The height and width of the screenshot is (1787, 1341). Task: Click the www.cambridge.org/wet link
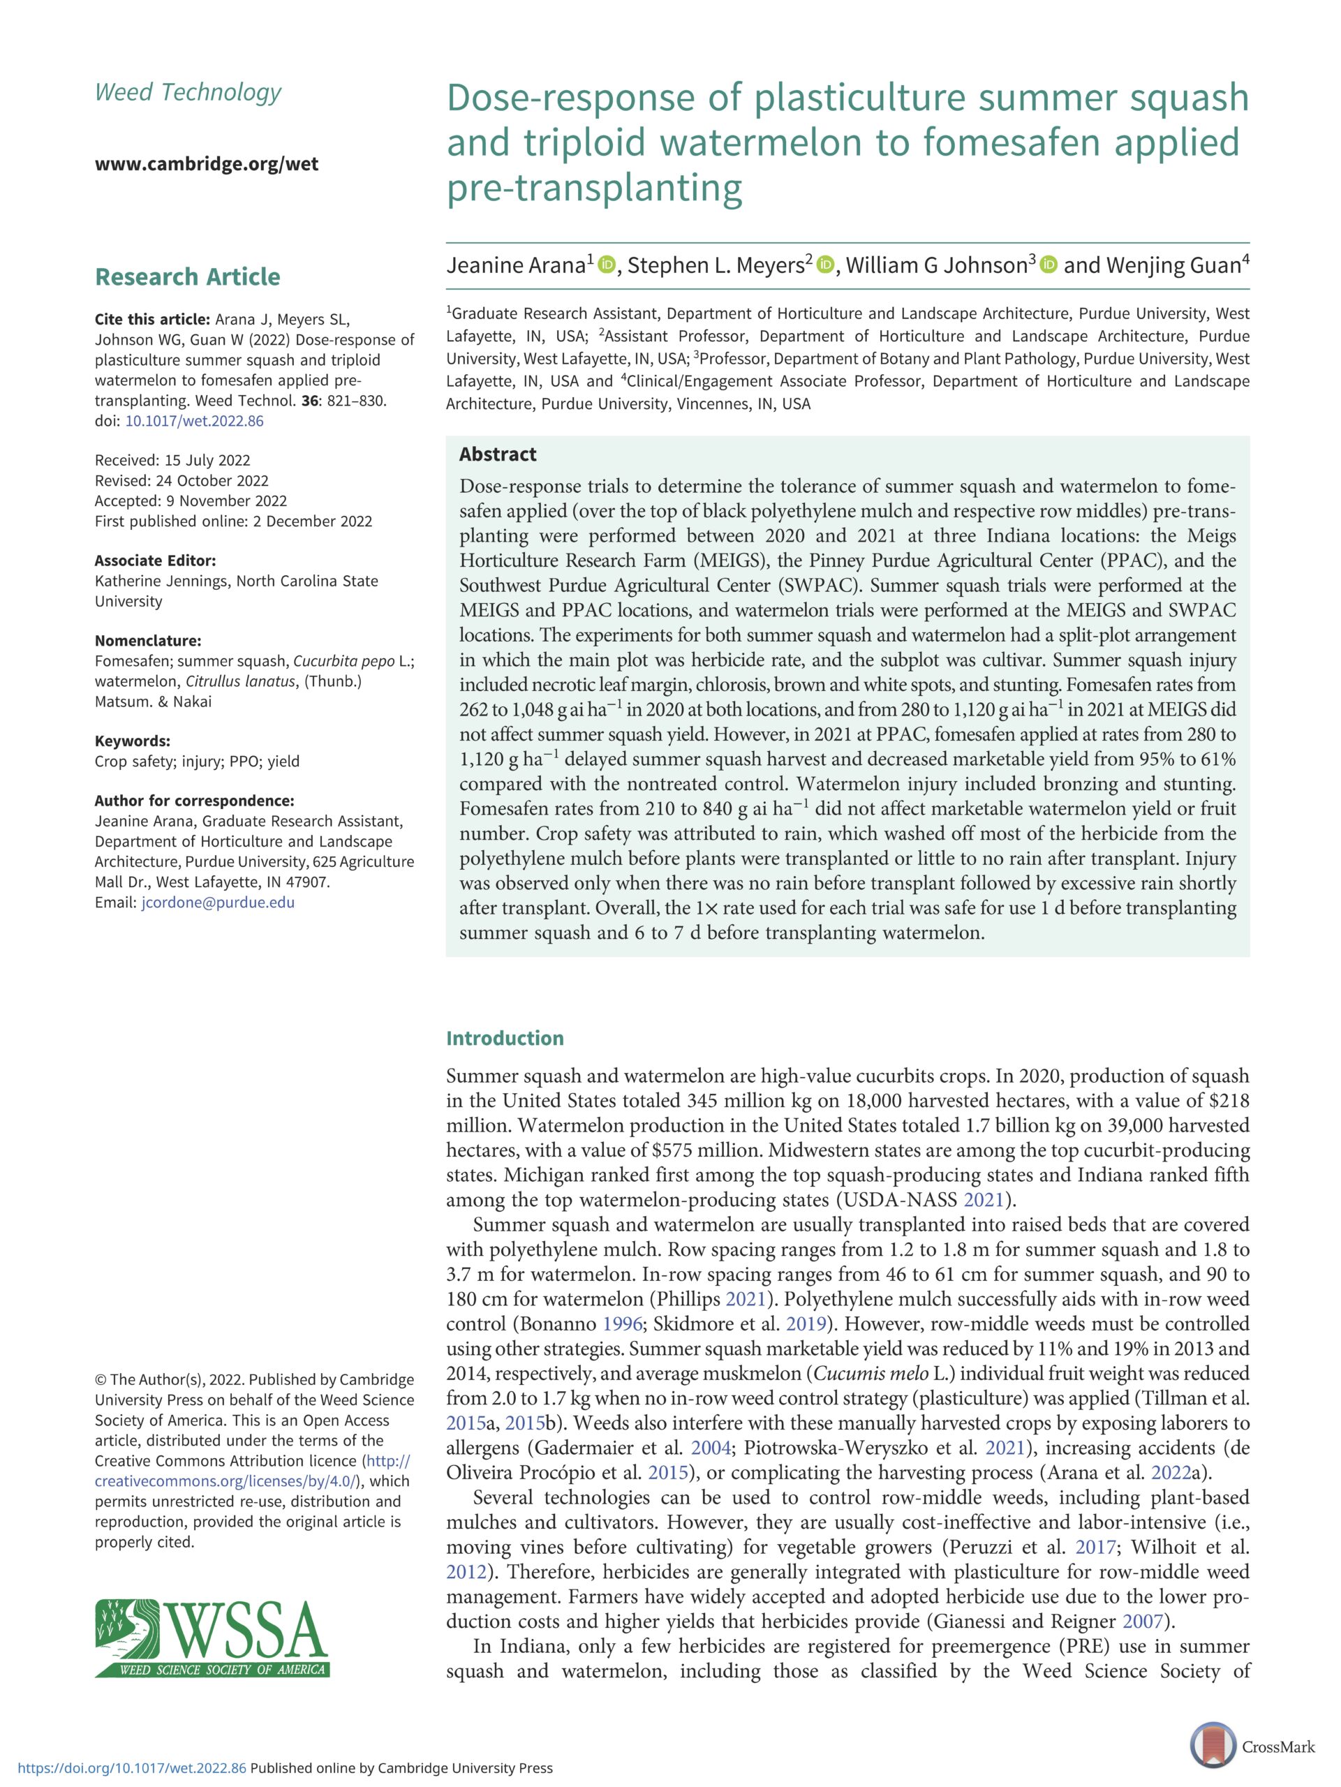206,164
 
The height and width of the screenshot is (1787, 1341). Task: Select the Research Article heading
187,276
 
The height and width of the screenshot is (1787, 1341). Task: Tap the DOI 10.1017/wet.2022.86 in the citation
194,421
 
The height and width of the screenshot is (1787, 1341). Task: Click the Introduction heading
505,1038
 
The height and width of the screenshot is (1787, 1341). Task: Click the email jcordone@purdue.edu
217,903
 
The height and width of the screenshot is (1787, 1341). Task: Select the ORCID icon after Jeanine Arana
607,265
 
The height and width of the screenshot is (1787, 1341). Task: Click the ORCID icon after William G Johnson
1049,265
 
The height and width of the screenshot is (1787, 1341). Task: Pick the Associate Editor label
155,561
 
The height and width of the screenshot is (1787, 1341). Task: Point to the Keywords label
133,741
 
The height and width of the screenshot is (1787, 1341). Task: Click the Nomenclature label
148,641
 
